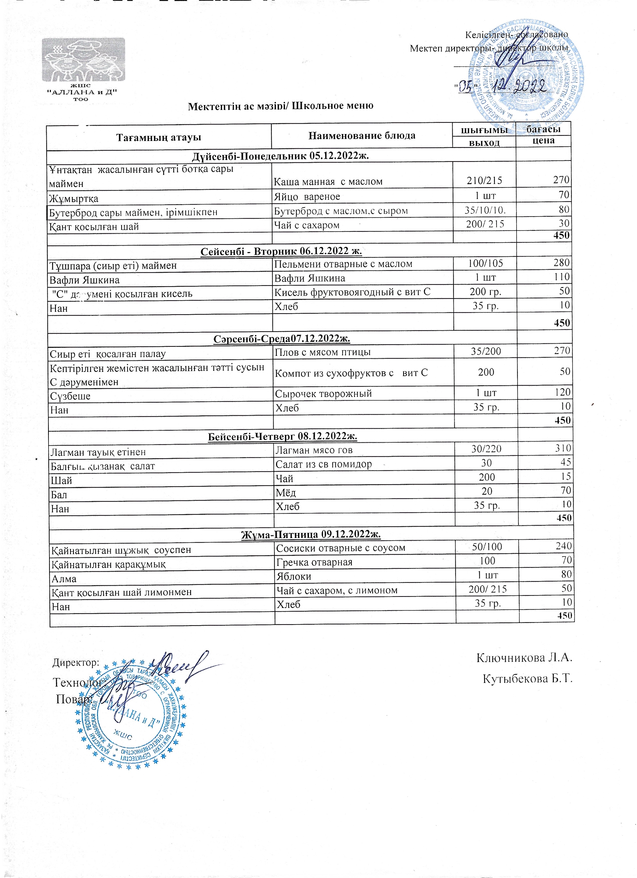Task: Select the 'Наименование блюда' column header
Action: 362,136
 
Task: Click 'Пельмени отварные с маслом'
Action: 343,264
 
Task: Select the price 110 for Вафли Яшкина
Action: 562,277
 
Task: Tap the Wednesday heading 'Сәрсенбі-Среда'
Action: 281,339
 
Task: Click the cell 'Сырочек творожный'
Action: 323,394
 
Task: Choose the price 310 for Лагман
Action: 563,448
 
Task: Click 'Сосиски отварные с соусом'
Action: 340,548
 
